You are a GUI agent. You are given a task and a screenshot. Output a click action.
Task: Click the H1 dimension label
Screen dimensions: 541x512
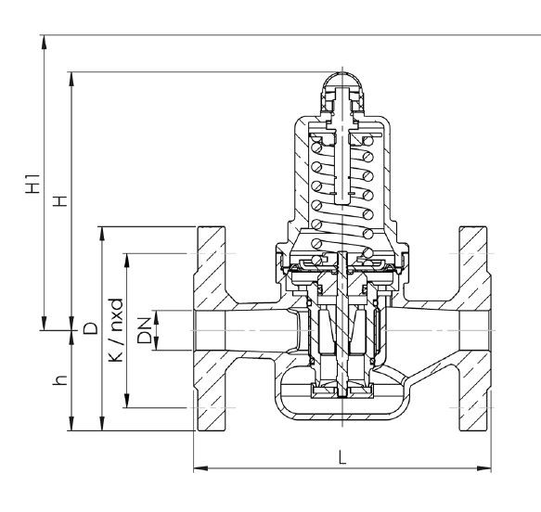click(x=33, y=184)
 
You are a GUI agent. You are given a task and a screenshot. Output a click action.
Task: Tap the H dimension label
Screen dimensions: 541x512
click(x=60, y=200)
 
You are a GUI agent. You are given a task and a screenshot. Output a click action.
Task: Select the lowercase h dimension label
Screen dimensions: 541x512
click(x=60, y=380)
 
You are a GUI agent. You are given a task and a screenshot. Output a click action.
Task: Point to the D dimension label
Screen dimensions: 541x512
click(x=91, y=328)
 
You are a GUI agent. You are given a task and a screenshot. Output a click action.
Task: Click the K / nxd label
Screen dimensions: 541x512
click(x=116, y=329)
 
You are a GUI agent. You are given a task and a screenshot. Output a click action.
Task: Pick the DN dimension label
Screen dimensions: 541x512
click(x=145, y=330)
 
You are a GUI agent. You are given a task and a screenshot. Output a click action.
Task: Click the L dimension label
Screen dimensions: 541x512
click(x=341, y=458)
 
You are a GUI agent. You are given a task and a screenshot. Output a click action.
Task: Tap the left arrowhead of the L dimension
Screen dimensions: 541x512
click(x=200, y=468)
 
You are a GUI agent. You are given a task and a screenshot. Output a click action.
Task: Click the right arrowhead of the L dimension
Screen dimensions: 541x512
click(x=484, y=468)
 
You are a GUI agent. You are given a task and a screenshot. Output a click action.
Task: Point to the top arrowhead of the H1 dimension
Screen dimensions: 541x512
click(x=44, y=42)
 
